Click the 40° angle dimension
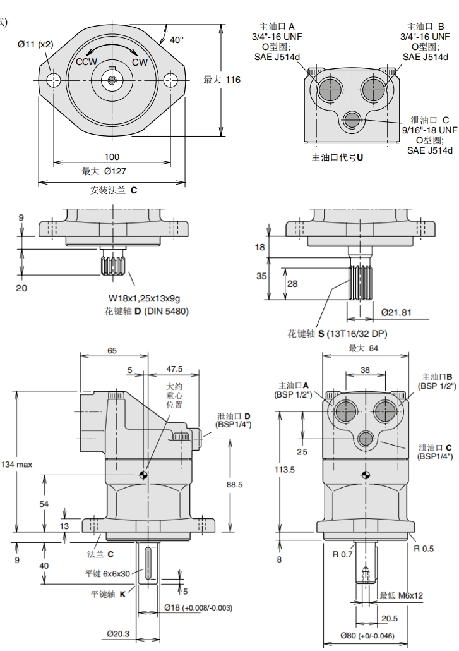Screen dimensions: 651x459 coord(176,40)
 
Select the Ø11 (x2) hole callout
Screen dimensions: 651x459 coord(35,44)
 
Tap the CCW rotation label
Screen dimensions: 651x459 coord(86,62)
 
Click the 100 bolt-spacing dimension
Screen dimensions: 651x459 coord(112,156)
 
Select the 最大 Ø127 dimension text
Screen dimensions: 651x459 coord(110,171)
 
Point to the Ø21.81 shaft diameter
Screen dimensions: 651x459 coord(398,312)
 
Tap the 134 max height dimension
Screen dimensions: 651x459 coord(16,464)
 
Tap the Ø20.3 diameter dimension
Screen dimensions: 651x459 coord(118,633)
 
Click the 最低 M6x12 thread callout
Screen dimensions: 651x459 coord(402,595)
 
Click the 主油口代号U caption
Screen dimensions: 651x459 coord(338,157)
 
